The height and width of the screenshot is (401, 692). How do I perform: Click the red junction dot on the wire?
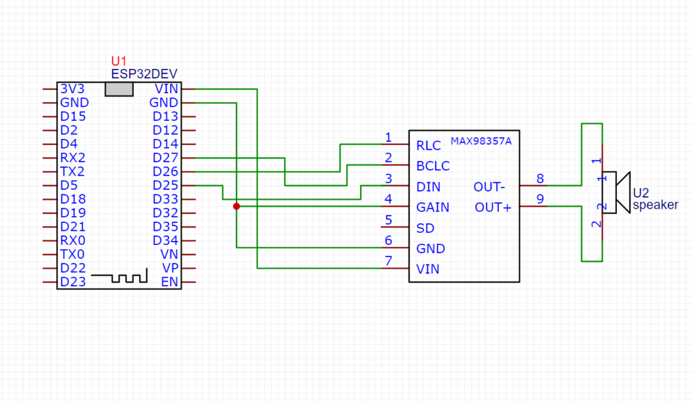(237, 206)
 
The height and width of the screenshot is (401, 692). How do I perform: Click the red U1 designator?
(119, 61)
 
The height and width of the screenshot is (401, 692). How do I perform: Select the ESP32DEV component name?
(144, 74)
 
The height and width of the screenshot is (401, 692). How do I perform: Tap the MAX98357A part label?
(481, 141)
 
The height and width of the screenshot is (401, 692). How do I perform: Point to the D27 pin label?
(165, 158)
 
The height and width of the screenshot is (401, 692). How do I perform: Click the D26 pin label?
(165, 171)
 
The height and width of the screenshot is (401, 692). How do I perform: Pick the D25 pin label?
(165, 185)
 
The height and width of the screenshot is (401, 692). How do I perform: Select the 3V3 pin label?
(72, 88)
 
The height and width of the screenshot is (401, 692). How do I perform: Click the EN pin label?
(170, 282)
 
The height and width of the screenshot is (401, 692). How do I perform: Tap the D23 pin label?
(73, 282)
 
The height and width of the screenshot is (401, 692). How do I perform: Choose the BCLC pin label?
(433, 166)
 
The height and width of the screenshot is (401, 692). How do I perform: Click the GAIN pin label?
(433, 207)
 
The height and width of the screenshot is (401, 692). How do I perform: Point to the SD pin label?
(426, 228)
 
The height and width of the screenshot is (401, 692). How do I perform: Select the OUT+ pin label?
(493, 207)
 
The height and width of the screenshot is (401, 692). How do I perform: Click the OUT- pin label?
(489, 187)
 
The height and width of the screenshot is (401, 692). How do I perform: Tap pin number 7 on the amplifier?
(389, 261)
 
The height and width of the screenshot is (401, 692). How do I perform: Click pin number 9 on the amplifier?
(540, 199)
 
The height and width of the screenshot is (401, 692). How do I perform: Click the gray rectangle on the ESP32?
(119, 89)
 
